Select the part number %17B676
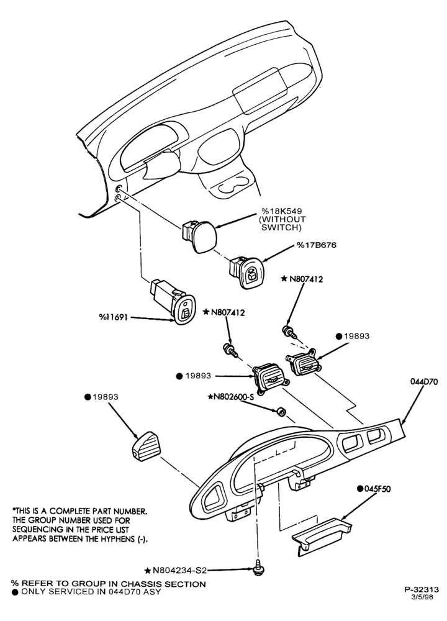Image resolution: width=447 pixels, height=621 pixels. click(317, 245)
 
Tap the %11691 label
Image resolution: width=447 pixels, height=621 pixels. click(113, 317)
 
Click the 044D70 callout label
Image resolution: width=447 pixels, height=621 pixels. click(423, 383)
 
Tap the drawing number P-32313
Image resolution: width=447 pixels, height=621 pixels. click(422, 590)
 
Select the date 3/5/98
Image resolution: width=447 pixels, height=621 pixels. click(423, 597)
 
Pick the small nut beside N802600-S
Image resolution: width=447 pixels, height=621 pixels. click(280, 412)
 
